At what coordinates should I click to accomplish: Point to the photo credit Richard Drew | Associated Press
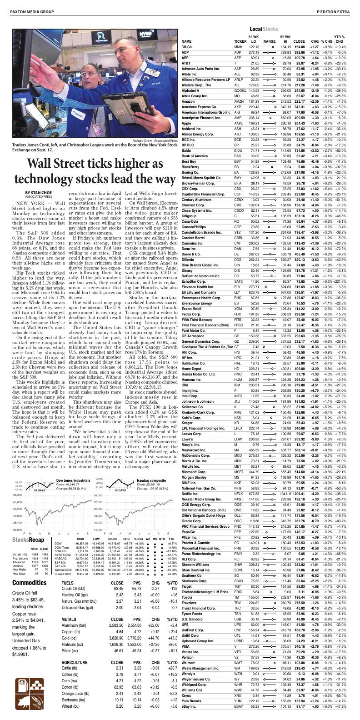coord(153,140)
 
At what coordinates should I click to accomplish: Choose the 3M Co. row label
coord(187,47)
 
